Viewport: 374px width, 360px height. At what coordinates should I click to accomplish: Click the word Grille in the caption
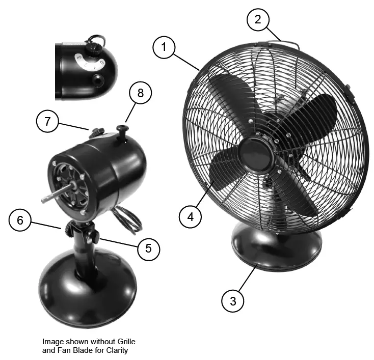pyautogui.click(x=124, y=342)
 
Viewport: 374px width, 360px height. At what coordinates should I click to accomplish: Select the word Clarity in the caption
pyautogui.click(x=115, y=351)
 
